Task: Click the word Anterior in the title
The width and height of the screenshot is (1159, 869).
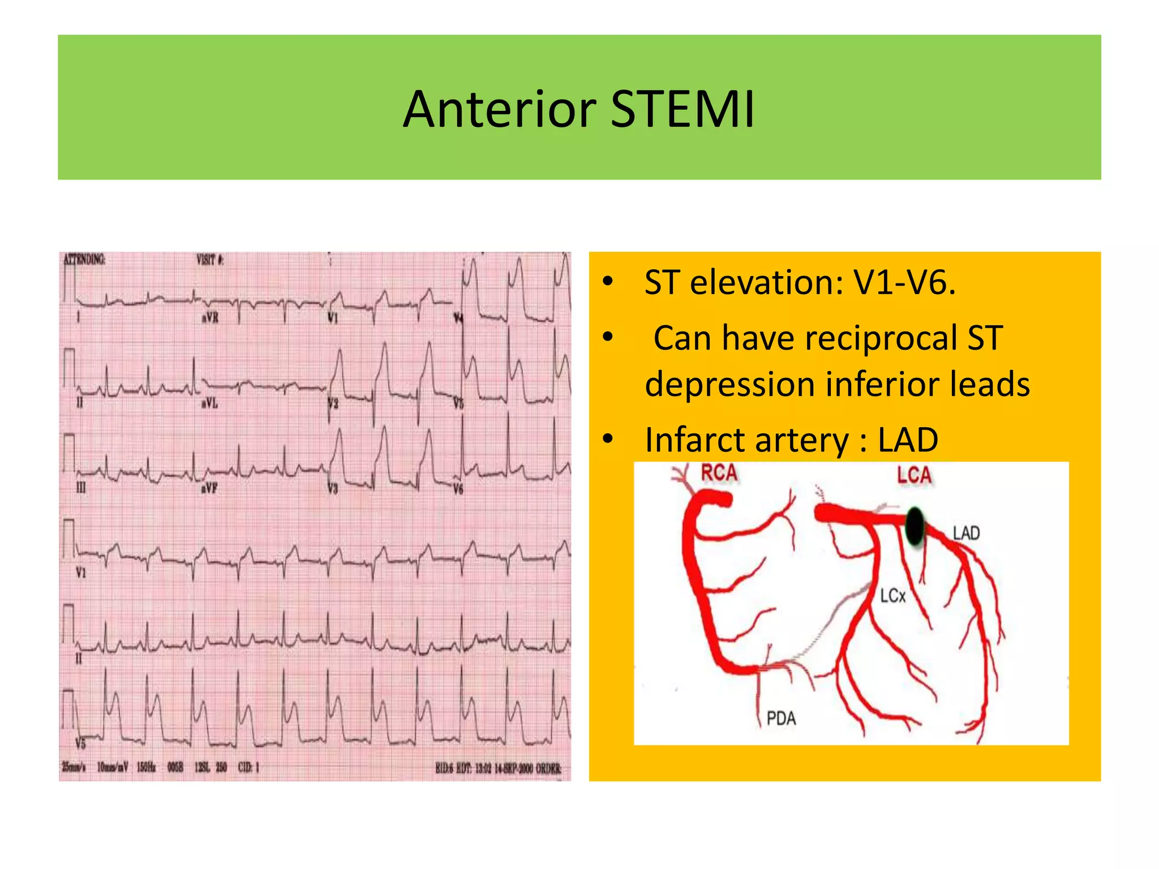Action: [499, 109]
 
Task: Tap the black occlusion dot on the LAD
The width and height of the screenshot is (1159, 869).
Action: [915, 526]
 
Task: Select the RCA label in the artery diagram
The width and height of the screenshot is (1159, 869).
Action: [719, 473]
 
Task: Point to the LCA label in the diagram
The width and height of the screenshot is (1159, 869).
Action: [914, 475]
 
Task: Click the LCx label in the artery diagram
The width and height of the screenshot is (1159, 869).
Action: [893, 596]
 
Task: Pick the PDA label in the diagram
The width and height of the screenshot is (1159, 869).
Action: [781, 719]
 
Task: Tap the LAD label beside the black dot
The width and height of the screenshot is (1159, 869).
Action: [966, 533]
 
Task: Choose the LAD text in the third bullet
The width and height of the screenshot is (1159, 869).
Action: [908, 440]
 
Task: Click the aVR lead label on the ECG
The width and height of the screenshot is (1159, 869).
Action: [210, 318]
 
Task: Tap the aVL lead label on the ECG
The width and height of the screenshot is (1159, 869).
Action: [209, 403]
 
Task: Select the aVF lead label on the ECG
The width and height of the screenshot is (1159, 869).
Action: [209, 488]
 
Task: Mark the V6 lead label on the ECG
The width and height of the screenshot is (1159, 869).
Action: [458, 489]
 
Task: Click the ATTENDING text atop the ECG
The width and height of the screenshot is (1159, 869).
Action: [84, 260]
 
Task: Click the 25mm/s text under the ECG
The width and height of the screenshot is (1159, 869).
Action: [74, 767]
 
